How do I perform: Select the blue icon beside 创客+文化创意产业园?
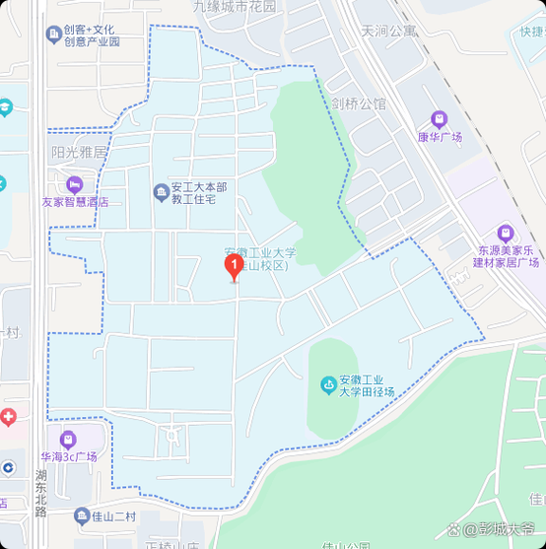pyautogui.click(x=52, y=35)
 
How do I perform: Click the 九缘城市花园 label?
pyautogui.click(x=235, y=6)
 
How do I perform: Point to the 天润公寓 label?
pyautogui.click(x=388, y=31)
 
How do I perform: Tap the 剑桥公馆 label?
pyautogui.click(x=359, y=103)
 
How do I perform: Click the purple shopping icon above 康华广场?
pyautogui.click(x=440, y=119)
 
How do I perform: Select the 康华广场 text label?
pyautogui.click(x=440, y=137)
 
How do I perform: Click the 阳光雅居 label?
pyautogui.click(x=79, y=153)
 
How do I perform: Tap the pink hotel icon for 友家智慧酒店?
pyautogui.click(x=74, y=184)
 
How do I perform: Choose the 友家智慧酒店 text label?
pyautogui.click(x=74, y=201)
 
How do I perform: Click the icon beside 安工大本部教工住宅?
pyautogui.click(x=161, y=192)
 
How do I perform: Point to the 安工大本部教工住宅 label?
pyautogui.click(x=200, y=192)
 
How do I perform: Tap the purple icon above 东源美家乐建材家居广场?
pyautogui.click(x=506, y=234)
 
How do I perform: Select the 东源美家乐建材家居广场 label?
pyautogui.click(x=506, y=256)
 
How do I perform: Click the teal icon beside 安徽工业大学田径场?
pyautogui.click(x=326, y=383)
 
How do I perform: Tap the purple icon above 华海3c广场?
pyautogui.click(x=68, y=440)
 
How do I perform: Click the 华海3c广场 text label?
pyautogui.click(x=68, y=457)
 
